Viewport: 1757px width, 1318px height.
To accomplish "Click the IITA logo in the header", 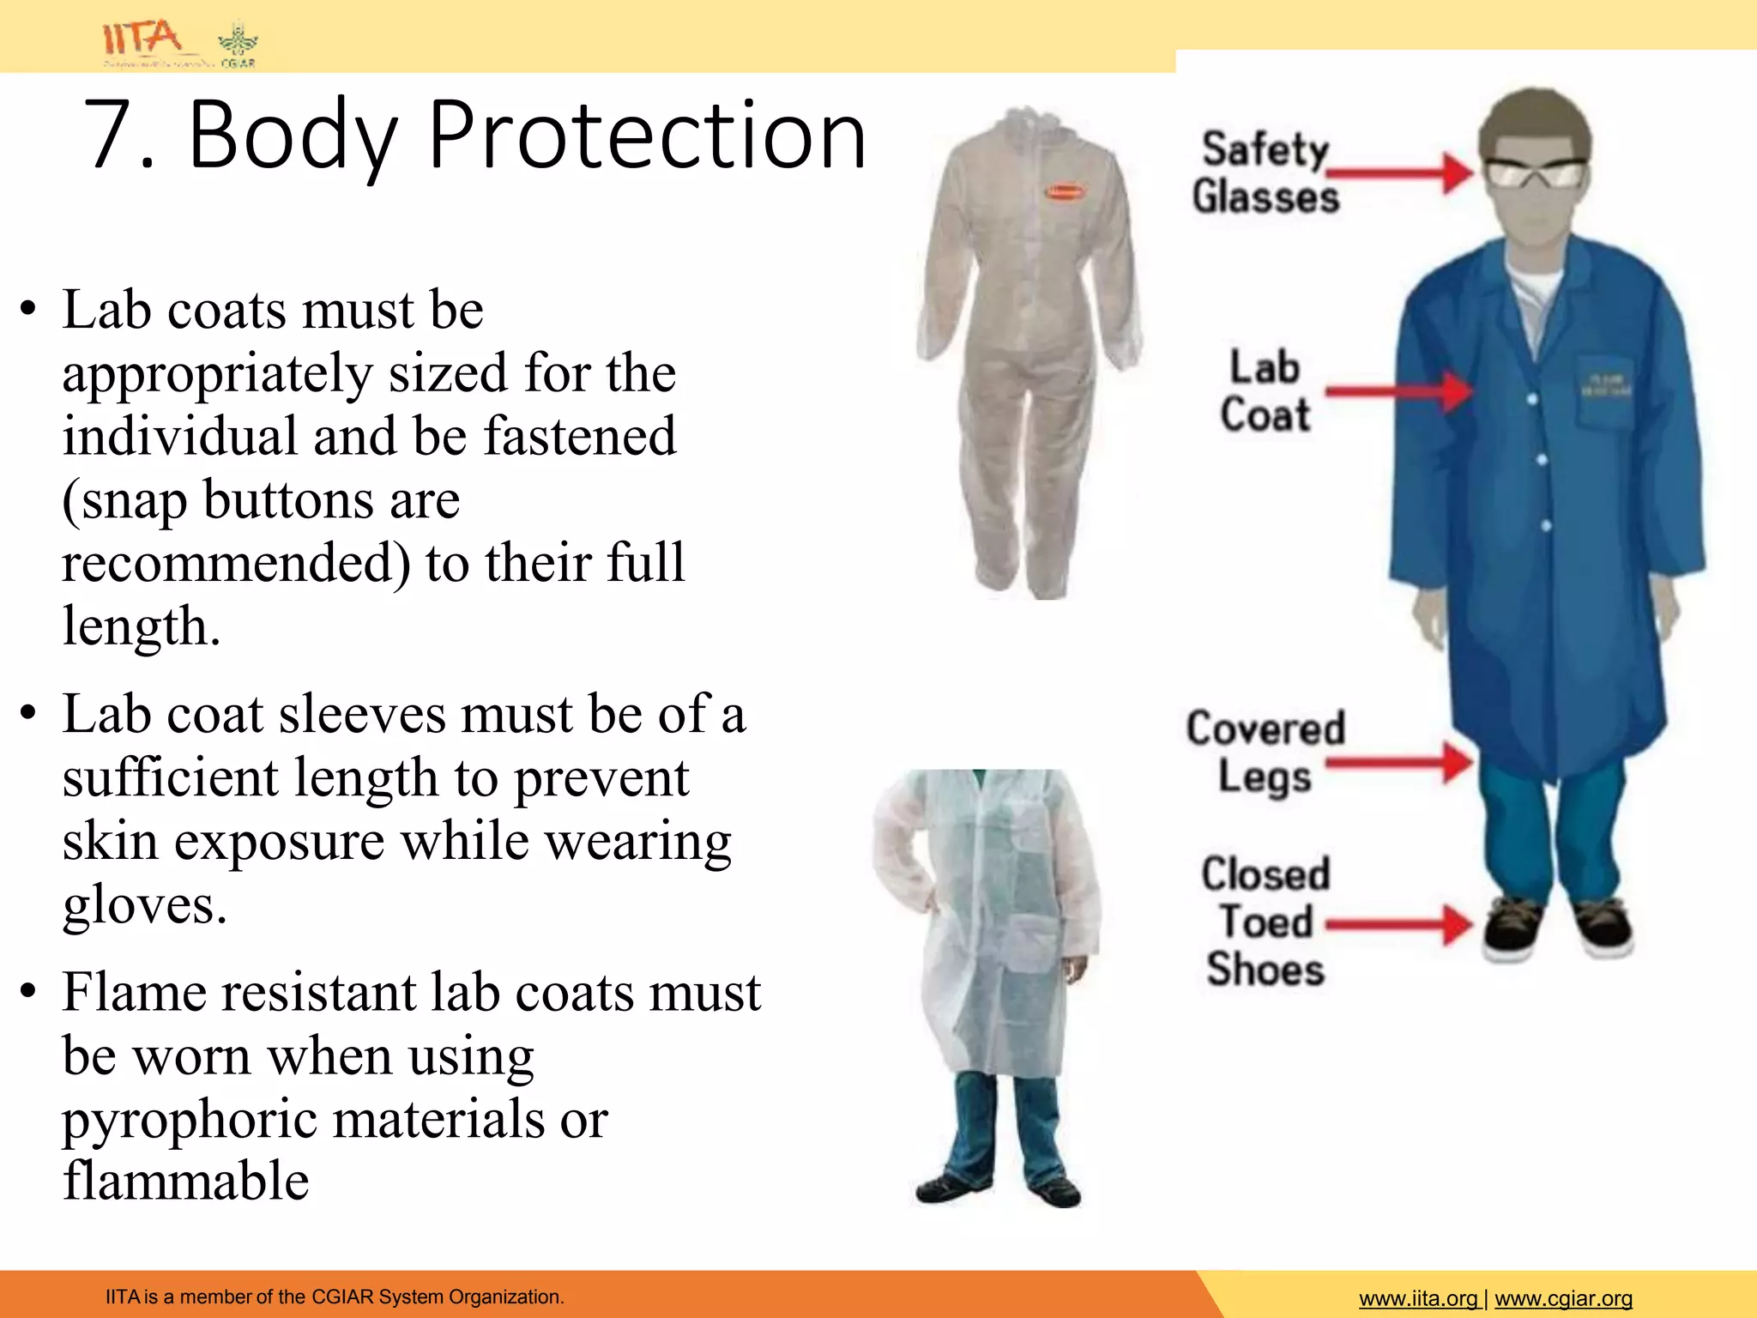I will coord(142,39).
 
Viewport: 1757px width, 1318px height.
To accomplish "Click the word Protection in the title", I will coord(647,136).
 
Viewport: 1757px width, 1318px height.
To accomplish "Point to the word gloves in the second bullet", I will coord(144,906).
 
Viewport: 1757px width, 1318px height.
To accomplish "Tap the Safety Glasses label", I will coord(1265,172).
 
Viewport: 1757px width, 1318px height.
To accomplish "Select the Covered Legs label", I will coord(1265,753).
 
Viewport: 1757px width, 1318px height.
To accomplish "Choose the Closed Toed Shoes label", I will coord(1265,922).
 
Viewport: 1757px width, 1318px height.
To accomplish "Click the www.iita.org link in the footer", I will coord(1418,1299).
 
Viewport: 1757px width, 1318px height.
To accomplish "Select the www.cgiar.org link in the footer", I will coord(1563,1299).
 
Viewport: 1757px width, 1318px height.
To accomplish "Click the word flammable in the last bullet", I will coord(185,1182).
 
